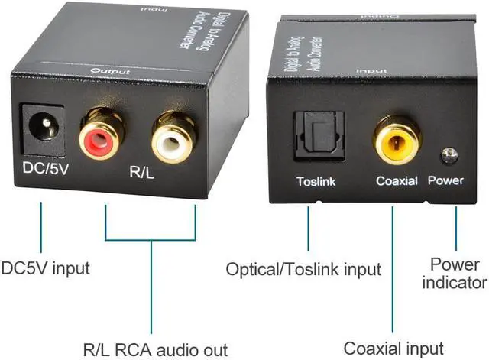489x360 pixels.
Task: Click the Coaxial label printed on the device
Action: (396, 181)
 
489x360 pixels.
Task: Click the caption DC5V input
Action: (45, 268)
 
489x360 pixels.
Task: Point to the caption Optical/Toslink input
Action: (303, 269)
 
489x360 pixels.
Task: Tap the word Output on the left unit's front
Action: (107, 70)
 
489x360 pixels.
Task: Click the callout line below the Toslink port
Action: (308, 225)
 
